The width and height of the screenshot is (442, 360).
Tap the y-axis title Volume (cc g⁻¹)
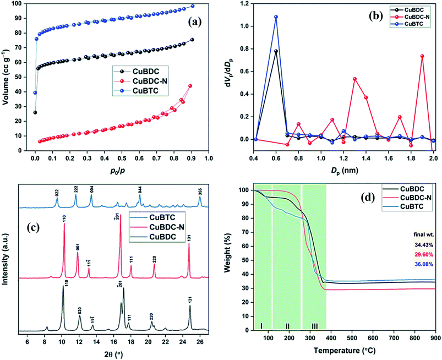point(7,77)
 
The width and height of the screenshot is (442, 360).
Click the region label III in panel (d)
point(314,326)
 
